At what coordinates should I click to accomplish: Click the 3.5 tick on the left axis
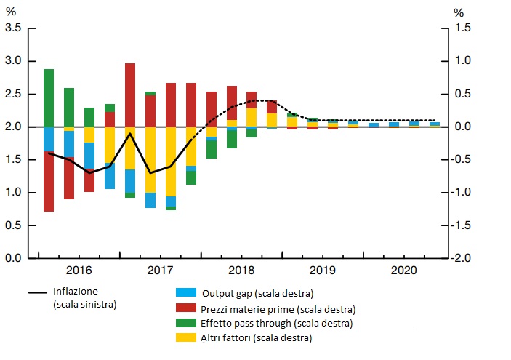(x=12, y=28)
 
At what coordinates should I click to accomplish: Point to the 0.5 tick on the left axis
(x=12, y=225)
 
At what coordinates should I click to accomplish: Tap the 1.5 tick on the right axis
(x=462, y=28)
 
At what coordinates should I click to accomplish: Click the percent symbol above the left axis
(x=11, y=12)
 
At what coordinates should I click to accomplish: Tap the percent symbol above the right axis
(x=459, y=12)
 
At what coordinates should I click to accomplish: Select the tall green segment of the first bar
(x=49, y=98)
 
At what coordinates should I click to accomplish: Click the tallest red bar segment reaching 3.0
(x=130, y=95)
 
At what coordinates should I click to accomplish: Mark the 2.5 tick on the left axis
(x=12, y=94)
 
